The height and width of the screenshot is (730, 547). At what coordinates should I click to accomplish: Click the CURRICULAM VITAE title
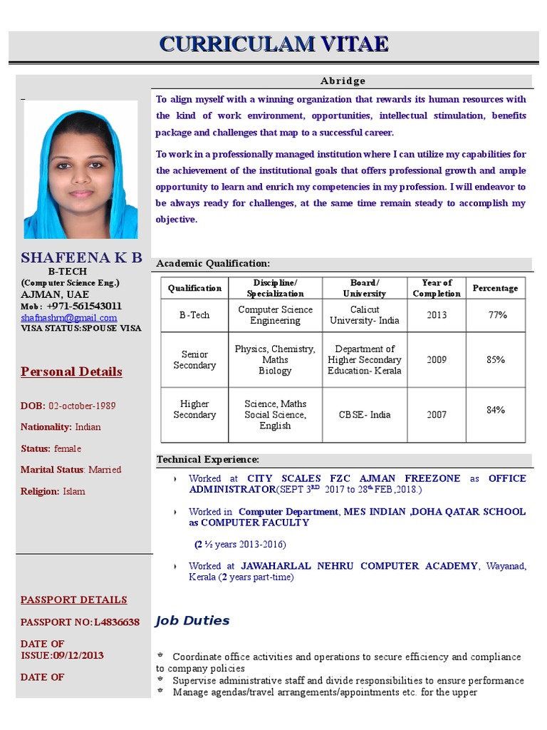tap(273, 44)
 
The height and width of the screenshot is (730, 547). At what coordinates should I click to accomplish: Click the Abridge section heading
tap(342, 81)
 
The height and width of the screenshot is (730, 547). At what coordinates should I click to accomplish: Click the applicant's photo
tap(80, 170)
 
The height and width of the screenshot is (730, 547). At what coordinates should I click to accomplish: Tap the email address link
tap(68, 318)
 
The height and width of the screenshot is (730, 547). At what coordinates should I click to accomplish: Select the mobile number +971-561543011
tap(84, 306)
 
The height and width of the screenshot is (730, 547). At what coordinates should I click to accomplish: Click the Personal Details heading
tap(71, 371)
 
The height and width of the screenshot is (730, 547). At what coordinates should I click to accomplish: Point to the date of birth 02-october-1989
tap(82, 406)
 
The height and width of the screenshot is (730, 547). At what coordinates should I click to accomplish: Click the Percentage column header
tap(495, 288)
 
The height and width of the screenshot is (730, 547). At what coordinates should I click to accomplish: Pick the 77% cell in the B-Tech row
tap(496, 315)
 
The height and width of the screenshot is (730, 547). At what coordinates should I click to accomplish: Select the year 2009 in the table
tap(437, 360)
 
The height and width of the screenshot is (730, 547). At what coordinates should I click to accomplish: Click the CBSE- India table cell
tap(364, 414)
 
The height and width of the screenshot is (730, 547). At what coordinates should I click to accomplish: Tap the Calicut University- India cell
tap(364, 315)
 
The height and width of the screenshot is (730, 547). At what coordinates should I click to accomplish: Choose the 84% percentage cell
tap(496, 410)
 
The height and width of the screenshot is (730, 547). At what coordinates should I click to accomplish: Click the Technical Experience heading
tap(208, 460)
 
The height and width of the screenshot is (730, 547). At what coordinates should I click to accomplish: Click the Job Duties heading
tap(192, 620)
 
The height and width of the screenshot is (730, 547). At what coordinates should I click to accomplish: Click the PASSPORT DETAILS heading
tap(74, 600)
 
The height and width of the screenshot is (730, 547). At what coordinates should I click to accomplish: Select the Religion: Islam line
tap(53, 491)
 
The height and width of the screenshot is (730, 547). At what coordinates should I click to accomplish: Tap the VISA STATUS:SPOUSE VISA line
tap(81, 329)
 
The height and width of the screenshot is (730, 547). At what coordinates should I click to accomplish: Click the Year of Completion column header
tap(437, 288)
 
